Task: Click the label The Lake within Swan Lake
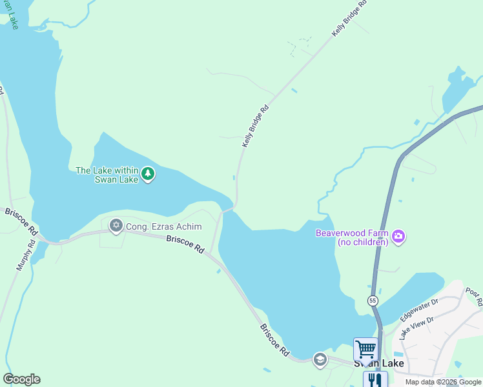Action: point(107,175)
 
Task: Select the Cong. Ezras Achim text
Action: point(163,226)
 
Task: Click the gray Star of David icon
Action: point(116,225)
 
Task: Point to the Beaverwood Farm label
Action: point(351,237)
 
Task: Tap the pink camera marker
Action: point(398,237)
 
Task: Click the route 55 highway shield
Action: point(373,301)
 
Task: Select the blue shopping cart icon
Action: point(365,350)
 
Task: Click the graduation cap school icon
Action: point(320,359)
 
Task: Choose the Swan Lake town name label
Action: point(378,364)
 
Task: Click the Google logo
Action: point(21,379)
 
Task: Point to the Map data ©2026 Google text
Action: point(443,382)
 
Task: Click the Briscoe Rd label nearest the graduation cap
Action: point(274,339)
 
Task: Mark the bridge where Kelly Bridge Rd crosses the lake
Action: point(227,209)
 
